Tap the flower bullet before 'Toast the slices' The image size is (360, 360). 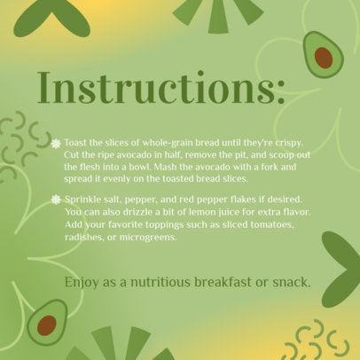click(56, 143)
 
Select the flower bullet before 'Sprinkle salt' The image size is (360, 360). click(56, 200)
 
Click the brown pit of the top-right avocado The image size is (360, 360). click(324, 59)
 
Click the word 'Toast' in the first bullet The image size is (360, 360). click(78, 142)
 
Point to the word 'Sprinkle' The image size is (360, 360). click(83, 200)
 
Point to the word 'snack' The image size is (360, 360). click(289, 283)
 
